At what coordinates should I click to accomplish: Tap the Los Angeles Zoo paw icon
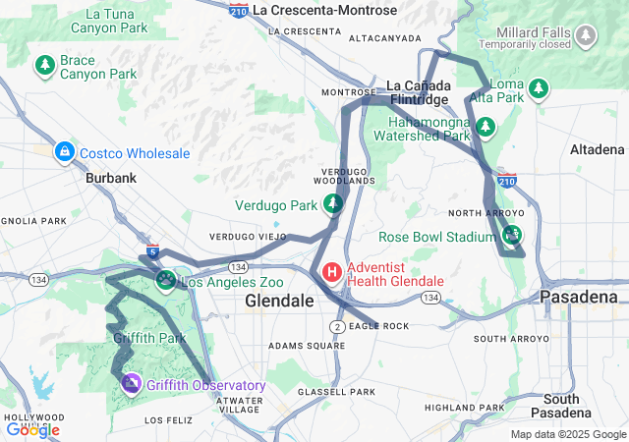[x=166, y=282]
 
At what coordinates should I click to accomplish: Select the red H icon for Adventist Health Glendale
[x=332, y=272]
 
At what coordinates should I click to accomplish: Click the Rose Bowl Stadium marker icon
[x=511, y=236]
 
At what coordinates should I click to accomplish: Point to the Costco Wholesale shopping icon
[x=65, y=152]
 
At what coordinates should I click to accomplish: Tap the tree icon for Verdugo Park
[x=334, y=204]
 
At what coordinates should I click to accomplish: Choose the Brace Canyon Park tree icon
[x=44, y=66]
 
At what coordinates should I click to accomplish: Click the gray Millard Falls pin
[x=587, y=37]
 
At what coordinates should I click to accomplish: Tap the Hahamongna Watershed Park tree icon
[x=485, y=127]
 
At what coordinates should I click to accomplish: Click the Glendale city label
[x=278, y=300]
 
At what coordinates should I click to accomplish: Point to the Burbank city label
[x=110, y=179]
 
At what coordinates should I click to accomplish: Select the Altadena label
[x=597, y=149]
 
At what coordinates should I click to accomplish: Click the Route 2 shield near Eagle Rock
[x=337, y=326]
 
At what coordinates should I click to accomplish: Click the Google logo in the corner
[x=32, y=429]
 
